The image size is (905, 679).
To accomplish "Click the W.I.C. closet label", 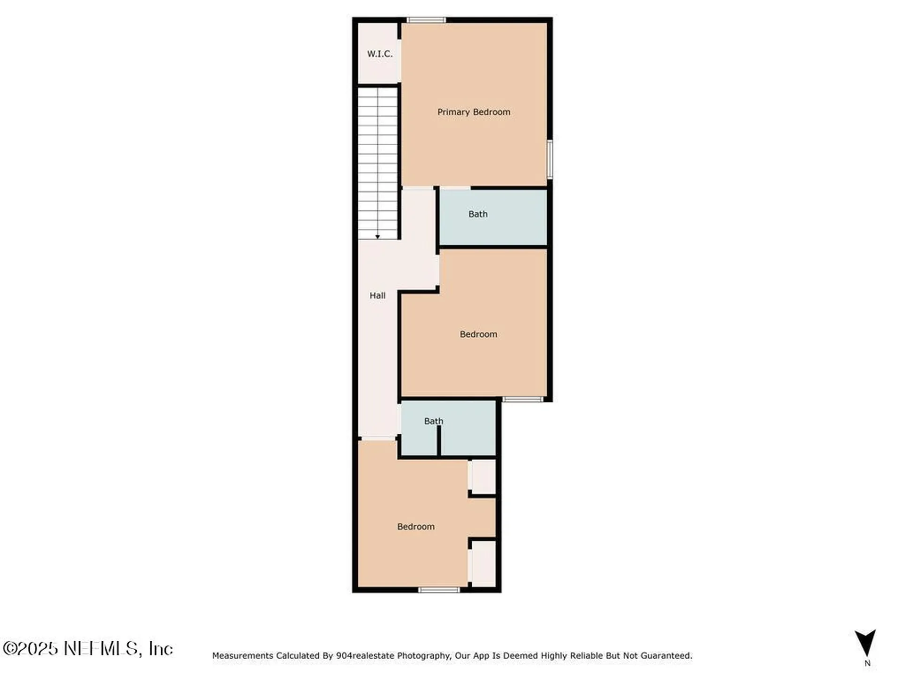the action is [x=379, y=54].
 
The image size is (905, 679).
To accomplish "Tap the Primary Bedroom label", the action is [x=474, y=112].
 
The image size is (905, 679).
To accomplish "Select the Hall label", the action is [x=378, y=296].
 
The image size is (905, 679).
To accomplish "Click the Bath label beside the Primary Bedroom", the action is [x=478, y=214].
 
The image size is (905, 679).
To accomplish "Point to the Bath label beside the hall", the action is [x=434, y=421].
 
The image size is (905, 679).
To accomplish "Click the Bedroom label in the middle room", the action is [x=478, y=334].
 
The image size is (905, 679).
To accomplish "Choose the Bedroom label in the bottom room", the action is [x=416, y=527].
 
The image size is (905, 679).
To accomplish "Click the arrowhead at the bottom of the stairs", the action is [x=378, y=237].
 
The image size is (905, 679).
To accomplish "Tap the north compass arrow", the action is [x=865, y=642].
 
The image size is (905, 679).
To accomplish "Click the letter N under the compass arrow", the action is [x=867, y=663].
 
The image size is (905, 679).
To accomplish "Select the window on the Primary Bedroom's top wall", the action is [x=427, y=20].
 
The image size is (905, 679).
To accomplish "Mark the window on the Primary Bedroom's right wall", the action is [x=550, y=159].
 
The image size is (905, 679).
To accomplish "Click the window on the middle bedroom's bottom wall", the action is [x=522, y=399].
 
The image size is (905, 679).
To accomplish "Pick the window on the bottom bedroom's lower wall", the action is [x=439, y=590].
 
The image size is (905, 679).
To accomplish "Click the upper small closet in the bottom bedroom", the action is [x=484, y=477].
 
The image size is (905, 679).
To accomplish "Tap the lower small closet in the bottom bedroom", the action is [x=484, y=564].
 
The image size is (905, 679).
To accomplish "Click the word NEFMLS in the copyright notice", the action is [x=101, y=648].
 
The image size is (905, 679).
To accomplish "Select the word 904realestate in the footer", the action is [x=365, y=655].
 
